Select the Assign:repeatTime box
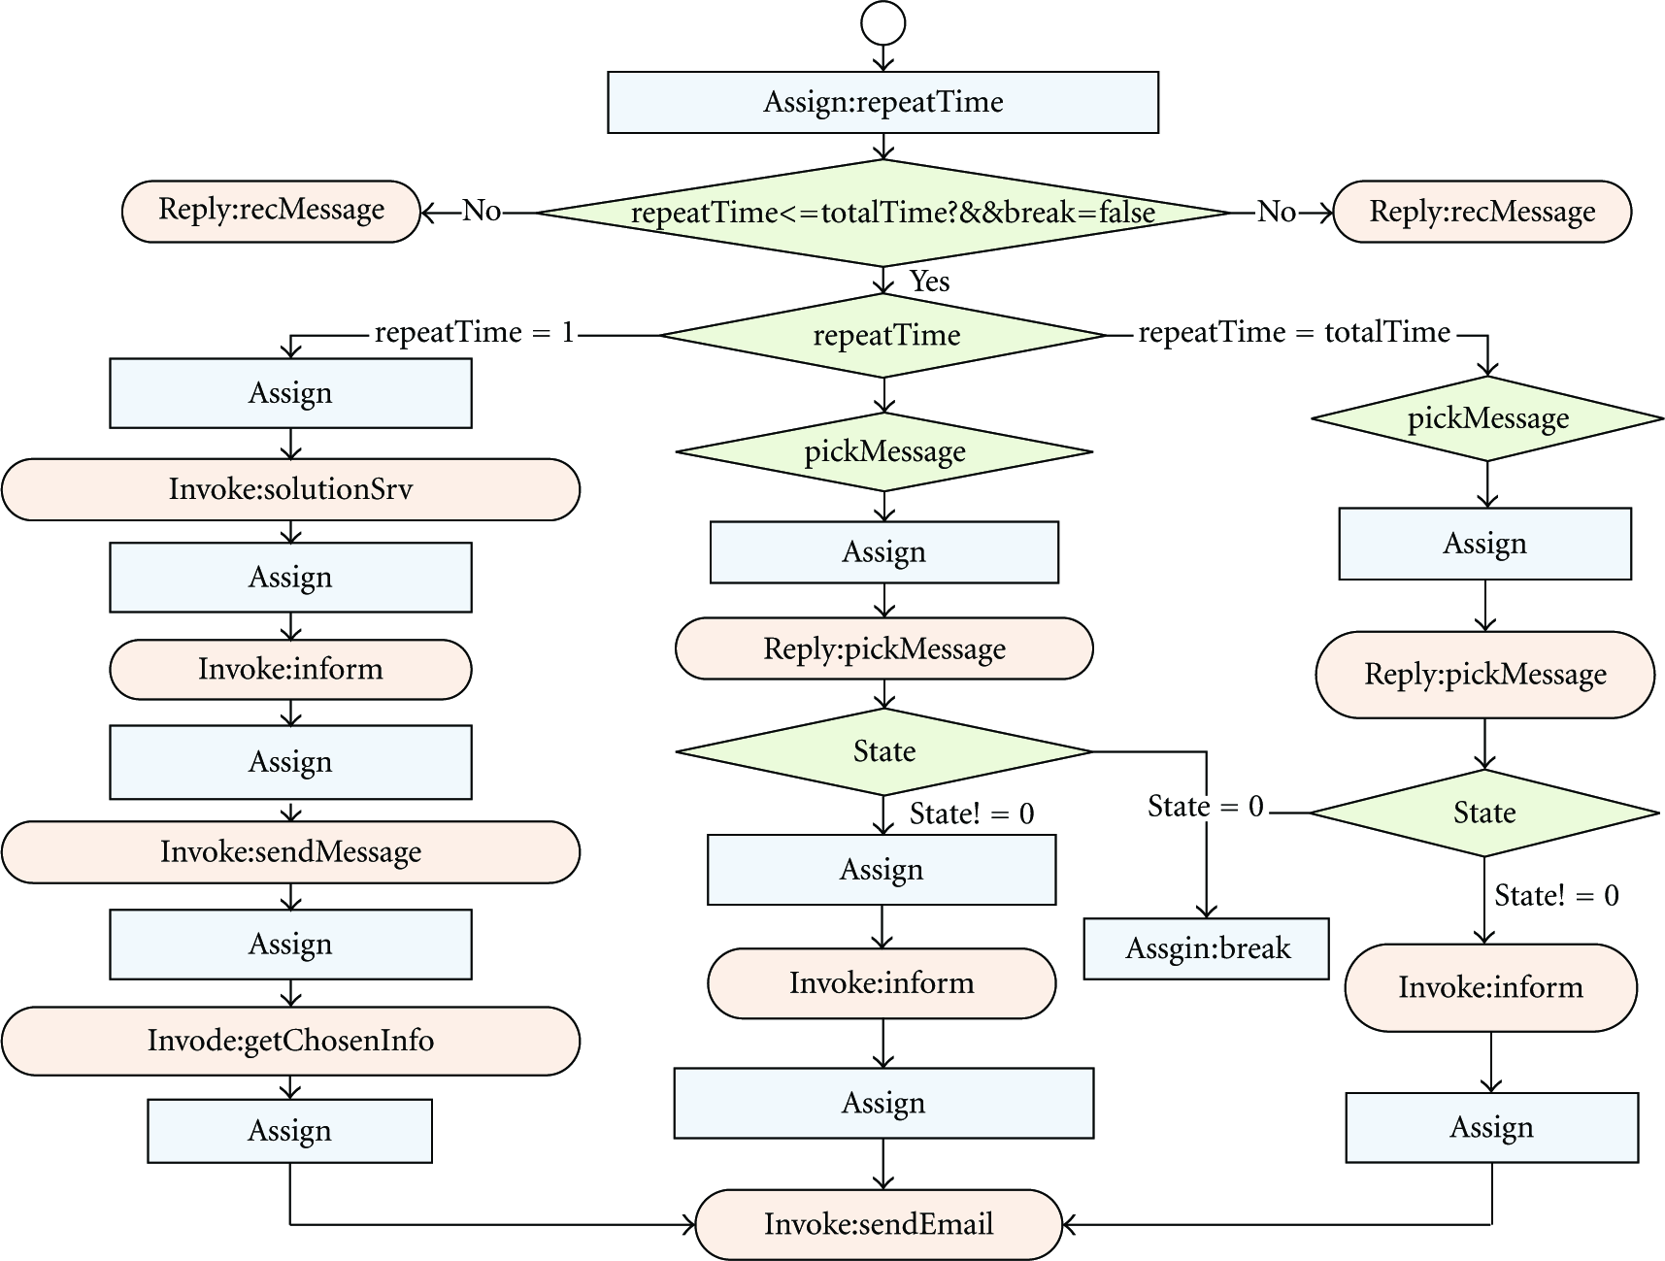(x=882, y=102)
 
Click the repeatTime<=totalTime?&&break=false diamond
(x=882, y=213)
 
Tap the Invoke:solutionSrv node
(x=290, y=489)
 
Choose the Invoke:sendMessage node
(x=290, y=852)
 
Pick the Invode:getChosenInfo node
(x=290, y=1041)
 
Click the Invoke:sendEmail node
(x=879, y=1224)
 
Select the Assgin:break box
(x=1206, y=948)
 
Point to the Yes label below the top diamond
(x=929, y=282)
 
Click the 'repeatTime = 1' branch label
(x=475, y=333)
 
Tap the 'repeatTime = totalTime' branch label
(x=1294, y=333)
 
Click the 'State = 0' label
(x=1206, y=807)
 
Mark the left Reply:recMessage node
(x=271, y=211)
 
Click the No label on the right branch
(x=1277, y=212)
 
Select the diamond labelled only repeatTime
(x=883, y=335)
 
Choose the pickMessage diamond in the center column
(x=884, y=451)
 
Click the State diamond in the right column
(x=1484, y=813)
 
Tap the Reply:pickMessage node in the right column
(x=1484, y=675)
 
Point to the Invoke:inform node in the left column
(x=290, y=669)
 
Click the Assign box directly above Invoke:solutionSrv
(x=290, y=393)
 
